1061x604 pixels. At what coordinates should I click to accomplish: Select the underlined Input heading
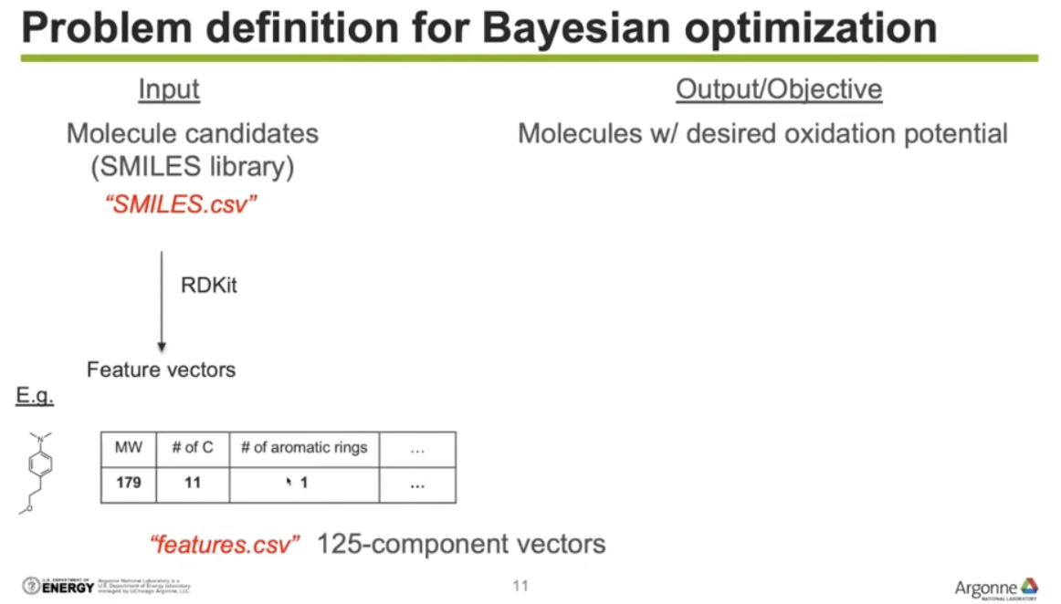pos(169,89)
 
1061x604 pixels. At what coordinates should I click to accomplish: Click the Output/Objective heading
pos(778,89)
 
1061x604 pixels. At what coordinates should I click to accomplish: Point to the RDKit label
pos(209,285)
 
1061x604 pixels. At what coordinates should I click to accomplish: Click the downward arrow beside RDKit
pos(162,301)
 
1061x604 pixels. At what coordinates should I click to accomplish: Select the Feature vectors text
pos(161,370)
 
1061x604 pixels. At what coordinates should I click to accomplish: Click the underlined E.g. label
pos(35,397)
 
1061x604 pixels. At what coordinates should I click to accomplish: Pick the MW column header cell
pos(128,448)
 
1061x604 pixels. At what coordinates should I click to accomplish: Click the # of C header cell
pos(193,448)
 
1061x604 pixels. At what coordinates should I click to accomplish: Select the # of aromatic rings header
pos(304,448)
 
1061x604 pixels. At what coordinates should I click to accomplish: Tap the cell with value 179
pos(128,483)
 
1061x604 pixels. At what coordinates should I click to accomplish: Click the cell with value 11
pos(193,483)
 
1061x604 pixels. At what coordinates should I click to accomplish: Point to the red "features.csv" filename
pos(225,546)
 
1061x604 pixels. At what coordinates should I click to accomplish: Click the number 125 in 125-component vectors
pos(336,545)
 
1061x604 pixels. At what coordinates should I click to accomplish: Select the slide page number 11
pos(520,586)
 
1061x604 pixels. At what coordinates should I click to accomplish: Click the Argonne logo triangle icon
pos(1029,585)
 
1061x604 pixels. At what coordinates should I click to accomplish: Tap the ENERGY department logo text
pos(68,588)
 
